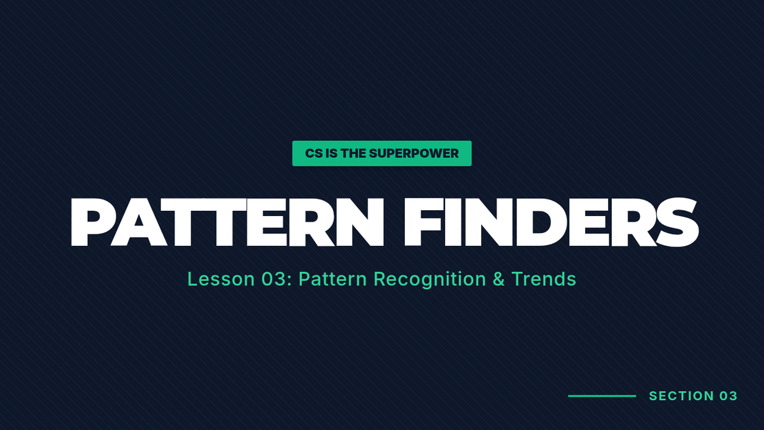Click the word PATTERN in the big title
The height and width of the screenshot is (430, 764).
pos(227,222)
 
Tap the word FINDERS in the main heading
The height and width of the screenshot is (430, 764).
pos(551,222)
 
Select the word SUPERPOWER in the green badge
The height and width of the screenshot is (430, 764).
pos(414,154)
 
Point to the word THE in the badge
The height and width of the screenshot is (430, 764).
pos(353,154)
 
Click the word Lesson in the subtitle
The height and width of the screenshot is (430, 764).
pos(221,279)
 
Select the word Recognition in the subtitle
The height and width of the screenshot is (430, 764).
pos(430,280)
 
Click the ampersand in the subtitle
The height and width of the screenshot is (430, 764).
pos(499,279)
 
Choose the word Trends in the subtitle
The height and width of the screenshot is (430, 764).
pos(544,279)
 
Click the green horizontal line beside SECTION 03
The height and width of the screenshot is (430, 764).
pos(602,396)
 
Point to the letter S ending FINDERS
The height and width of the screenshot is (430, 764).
pos(677,222)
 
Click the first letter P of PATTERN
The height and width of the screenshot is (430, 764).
pos(89,222)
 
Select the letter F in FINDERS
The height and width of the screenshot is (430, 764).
pos(423,222)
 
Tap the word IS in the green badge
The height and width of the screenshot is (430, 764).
pos(332,154)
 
